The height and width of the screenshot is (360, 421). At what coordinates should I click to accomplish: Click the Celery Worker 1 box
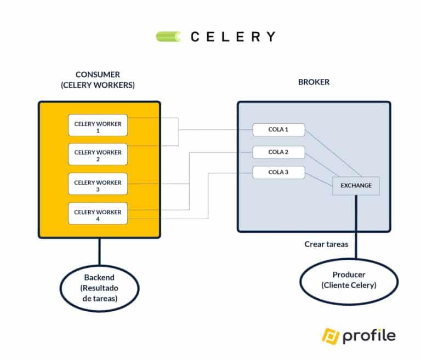click(98, 125)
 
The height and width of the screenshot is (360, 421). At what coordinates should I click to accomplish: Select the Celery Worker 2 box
click(98, 154)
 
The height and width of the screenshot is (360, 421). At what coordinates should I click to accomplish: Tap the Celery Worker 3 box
click(98, 184)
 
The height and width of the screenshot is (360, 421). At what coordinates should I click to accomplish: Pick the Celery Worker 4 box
click(98, 213)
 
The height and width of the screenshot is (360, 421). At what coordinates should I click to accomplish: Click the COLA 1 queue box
click(278, 130)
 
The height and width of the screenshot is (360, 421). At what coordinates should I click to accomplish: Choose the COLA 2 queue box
click(278, 152)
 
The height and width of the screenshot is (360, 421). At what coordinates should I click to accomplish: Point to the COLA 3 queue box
click(278, 173)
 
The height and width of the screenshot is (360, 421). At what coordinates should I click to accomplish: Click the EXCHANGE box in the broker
click(356, 186)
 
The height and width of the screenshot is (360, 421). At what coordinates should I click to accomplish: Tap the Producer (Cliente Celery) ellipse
click(349, 280)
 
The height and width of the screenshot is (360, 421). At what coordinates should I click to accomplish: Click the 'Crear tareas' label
click(326, 244)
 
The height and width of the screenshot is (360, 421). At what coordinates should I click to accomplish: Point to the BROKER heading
click(314, 82)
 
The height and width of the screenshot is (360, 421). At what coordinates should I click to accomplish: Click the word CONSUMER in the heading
click(98, 74)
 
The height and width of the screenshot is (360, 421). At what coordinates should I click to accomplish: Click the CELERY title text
click(233, 37)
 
